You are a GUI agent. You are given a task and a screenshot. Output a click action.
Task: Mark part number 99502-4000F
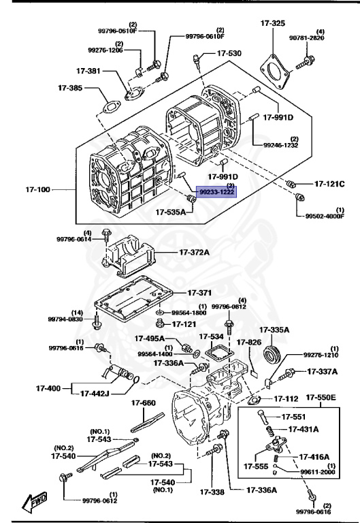point(324,217)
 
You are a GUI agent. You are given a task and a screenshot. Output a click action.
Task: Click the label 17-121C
point(329,184)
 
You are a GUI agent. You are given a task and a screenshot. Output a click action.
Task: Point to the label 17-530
point(229,53)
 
